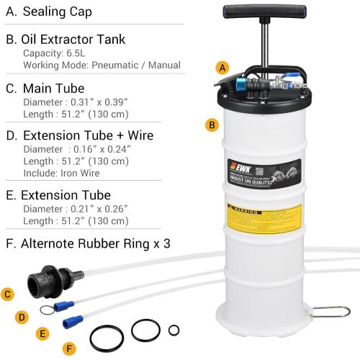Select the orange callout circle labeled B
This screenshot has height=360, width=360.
pos(211,125)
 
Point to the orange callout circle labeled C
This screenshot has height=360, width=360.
pos(8,293)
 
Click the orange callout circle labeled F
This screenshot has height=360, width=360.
pos(69,348)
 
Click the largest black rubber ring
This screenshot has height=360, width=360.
pos(107,337)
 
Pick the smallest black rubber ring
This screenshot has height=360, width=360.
pos(174,330)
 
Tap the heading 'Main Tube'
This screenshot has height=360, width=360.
pos(54,89)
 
